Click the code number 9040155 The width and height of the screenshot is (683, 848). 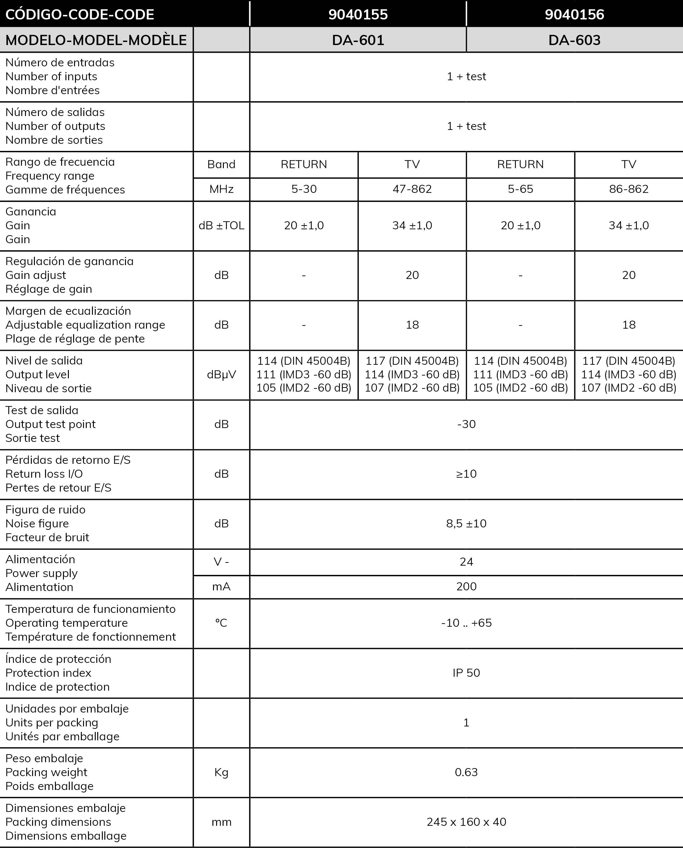[358, 15]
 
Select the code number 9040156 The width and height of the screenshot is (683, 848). [574, 15]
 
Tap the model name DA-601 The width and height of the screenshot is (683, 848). [358, 40]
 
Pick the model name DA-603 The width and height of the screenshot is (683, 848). [574, 40]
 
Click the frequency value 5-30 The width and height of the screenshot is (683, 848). [304, 189]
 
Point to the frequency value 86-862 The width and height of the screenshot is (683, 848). [629, 189]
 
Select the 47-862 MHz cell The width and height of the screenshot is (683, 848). [412, 189]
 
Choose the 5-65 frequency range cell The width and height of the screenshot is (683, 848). [520, 189]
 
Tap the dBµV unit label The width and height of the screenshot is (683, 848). [221, 374]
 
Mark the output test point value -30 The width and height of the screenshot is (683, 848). [466, 424]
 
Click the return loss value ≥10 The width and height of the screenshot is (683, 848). [466, 474]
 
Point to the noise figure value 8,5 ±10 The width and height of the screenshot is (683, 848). [466, 523]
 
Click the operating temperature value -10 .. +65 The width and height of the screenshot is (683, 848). [466, 623]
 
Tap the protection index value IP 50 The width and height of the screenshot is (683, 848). [466, 673]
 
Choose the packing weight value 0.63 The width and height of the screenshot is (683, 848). [466, 772]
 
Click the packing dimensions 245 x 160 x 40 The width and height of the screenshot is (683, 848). [466, 822]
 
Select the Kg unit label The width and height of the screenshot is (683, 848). [221, 772]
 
